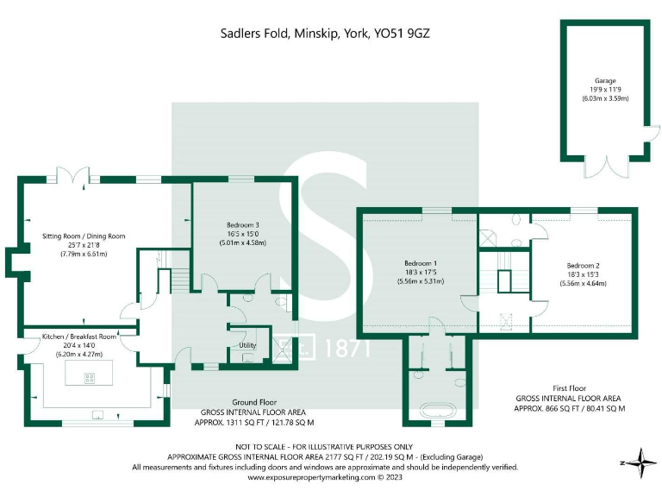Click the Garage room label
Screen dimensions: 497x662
coord(604,80)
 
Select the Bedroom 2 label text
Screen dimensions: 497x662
coord(582,265)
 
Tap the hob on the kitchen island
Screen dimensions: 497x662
coord(88,377)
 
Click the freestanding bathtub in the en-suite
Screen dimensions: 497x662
coord(434,410)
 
